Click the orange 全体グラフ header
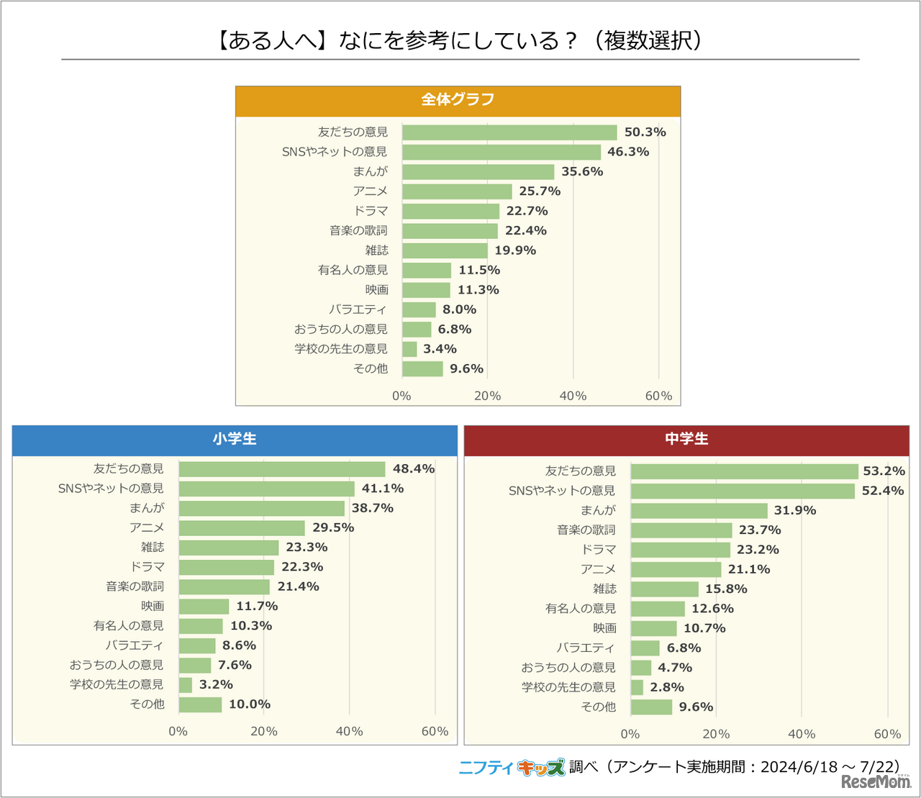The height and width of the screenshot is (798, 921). [x=458, y=101]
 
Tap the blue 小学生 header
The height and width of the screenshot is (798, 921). [x=235, y=440]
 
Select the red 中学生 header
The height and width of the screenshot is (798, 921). [x=686, y=440]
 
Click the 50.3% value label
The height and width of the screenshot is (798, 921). [x=645, y=132]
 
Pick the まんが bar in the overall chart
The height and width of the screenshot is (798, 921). [x=478, y=172]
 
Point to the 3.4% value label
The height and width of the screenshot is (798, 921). [x=440, y=349]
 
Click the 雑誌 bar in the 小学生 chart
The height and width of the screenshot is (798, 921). [x=229, y=548]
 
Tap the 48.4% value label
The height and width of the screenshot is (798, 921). [x=413, y=469]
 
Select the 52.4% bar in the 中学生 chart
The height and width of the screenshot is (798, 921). [x=743, y=491]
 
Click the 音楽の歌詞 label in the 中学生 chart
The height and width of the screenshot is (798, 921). [x=586, y=530]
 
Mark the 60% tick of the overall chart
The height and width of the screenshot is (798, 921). [x=658, y=396]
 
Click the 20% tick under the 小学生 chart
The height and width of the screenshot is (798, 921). [x=264, y=731]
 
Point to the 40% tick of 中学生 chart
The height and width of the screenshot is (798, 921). [x=802, y=734]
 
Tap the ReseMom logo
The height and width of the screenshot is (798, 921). [x=876, y=781]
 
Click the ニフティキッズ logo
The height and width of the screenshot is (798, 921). [x=512, y=768]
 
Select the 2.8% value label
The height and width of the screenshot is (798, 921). [x=666, y=688]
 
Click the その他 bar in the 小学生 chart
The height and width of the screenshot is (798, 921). [x=200, y=705]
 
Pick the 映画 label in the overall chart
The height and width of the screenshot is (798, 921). [x=376, y=290]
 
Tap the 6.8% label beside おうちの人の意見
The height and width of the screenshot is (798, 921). [x=455, y=330]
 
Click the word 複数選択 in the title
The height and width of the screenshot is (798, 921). [x=648, y=41]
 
